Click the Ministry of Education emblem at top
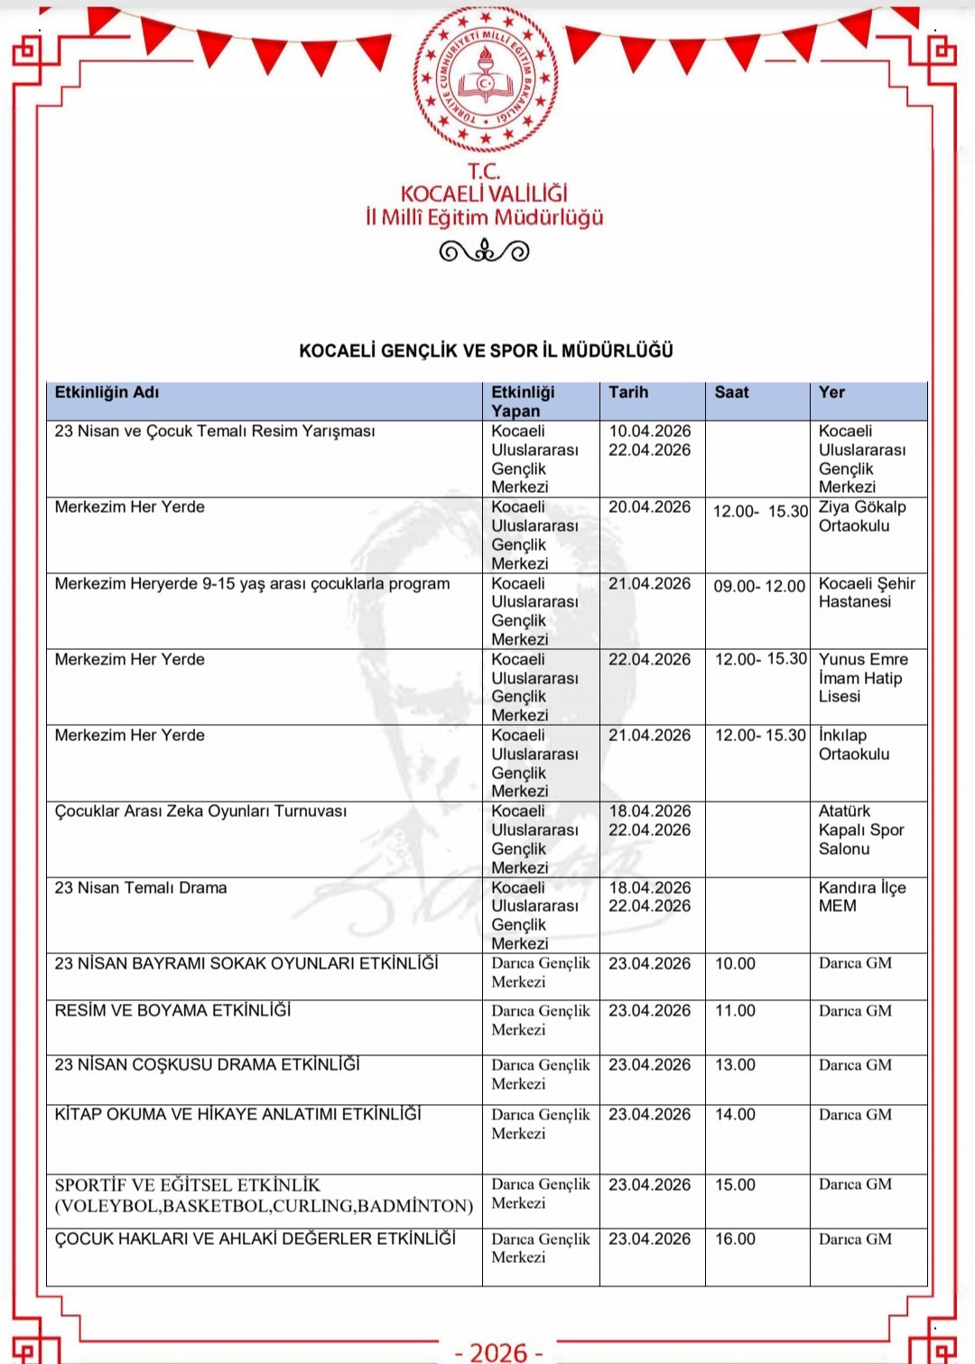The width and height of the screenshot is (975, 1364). [485, 79]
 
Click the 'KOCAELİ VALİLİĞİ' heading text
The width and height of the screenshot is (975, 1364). [484, 194]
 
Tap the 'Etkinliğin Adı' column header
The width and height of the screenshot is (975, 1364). [107, 393]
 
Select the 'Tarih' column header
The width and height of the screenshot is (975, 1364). [628, 393]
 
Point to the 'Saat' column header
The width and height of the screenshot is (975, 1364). [731, 393]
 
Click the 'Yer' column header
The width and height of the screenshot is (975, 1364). [831, 393]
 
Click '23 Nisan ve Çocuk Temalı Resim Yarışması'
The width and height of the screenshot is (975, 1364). [215, 431]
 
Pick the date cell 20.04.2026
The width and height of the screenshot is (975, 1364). [649, 507]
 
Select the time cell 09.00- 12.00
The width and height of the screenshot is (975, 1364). [759, 587]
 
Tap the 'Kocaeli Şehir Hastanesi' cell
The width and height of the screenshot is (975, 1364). [866, 593]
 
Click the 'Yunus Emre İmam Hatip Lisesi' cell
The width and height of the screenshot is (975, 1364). [862, 678]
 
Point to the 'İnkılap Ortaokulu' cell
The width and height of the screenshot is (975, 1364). [853, 745]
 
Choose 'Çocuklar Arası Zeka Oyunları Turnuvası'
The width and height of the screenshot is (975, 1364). [200, 812]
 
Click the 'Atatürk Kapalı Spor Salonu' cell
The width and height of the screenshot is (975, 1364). [860, 830]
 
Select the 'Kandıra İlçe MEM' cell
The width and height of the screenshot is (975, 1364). [861, 896]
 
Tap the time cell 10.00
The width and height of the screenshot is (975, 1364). [735, 964]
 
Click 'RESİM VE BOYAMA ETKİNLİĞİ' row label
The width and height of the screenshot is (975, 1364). [172, 1011]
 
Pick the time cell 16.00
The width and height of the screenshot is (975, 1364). [735, 1239]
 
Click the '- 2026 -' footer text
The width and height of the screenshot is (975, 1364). [498, 1351]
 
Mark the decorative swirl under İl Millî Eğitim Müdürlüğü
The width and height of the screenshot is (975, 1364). [484, 251]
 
